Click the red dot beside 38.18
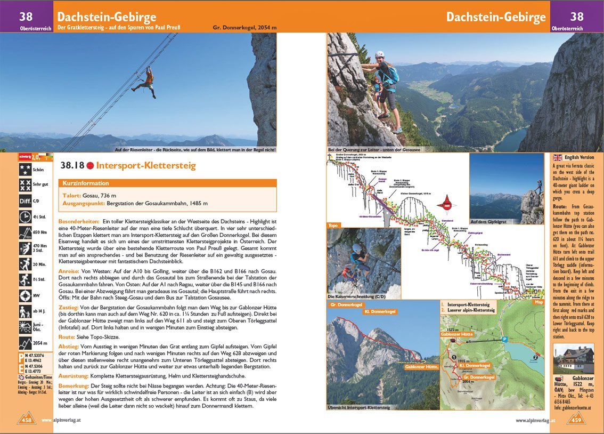click(x=90, y=165)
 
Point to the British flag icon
click(x=558, y=157)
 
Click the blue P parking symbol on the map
click(x=504, y=339)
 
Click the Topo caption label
click(x=333, y=225)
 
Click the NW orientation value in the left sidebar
click(x=37, y=295)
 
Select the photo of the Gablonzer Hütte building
click(x=573, y=358)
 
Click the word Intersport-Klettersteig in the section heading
click(x=145, y=165)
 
